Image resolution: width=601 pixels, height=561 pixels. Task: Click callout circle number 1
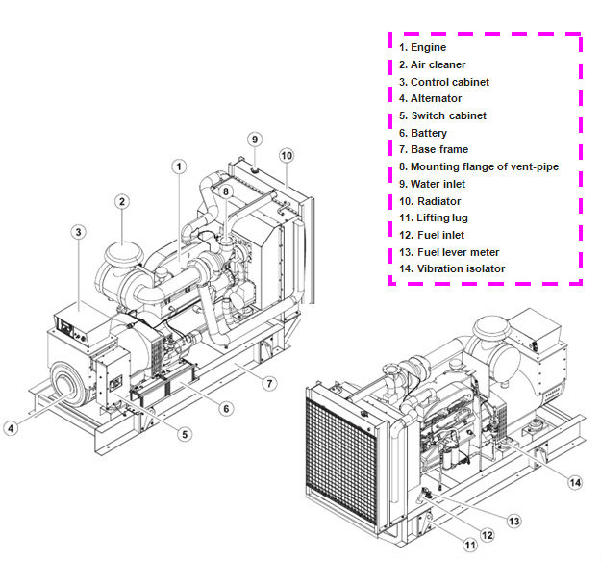click(x=179, y=166)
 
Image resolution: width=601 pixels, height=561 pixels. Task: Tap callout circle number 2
click(x=122, y=202)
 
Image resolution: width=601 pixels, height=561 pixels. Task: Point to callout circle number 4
click(x=11, y=428)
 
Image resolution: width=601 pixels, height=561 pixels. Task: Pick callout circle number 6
click(x=227, y=408)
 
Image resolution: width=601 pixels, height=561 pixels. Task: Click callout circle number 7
click(x=270, y=383)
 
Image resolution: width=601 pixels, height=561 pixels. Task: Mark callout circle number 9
click(x=255, y=140)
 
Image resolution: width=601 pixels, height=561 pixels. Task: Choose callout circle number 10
click(x=287, y=155)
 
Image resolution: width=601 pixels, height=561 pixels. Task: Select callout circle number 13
click(x=514, y=521)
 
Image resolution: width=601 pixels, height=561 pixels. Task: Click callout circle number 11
click(x=470, y=545)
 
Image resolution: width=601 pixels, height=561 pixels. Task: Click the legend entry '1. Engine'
click(x=422, y=47)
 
